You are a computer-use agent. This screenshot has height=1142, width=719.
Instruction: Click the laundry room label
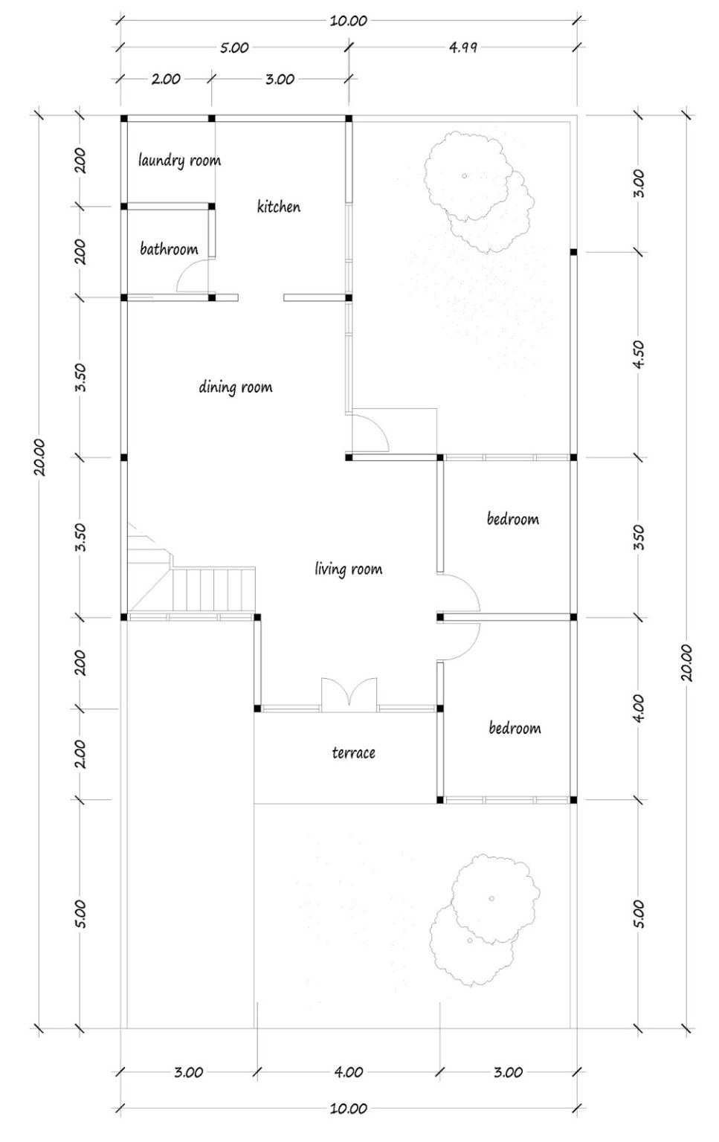[x=179, y=160]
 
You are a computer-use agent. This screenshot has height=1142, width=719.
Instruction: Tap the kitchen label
[x=279, y=207]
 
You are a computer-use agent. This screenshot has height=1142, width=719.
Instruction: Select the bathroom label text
[x=169, y=249]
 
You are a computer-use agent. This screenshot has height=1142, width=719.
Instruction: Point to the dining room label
[x=235, y=387]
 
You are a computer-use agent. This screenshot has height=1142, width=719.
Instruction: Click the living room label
[x=348, y=570]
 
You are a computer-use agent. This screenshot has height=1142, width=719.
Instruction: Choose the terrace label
[x=353, y=753]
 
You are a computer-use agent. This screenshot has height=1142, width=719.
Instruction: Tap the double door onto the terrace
[x=349, y=694]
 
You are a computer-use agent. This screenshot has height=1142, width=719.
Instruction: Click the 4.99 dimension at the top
[x=462, y=48]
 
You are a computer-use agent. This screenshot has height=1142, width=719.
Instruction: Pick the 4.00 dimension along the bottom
[x=348, y=1072]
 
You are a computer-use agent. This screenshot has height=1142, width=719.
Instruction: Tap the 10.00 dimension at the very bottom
[x=348, y=1109]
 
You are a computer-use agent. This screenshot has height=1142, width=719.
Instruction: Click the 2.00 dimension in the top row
[x=165, y=79]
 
